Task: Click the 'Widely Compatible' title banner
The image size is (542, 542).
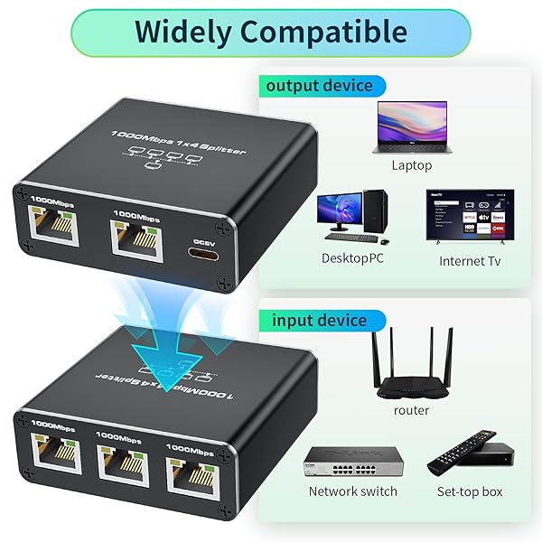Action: (x=271, y=32)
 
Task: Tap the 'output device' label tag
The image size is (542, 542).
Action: (x=318, y=86)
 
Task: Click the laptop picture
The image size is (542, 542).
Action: (x=412, y=126)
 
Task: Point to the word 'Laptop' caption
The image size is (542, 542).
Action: (x=412, y=165)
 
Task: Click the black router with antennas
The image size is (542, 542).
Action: (x=412, y=366)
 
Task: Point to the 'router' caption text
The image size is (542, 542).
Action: (x=412, y=410)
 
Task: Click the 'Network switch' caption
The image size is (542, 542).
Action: (x=352, y=491)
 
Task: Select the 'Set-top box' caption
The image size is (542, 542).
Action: (x=470, y=491)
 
